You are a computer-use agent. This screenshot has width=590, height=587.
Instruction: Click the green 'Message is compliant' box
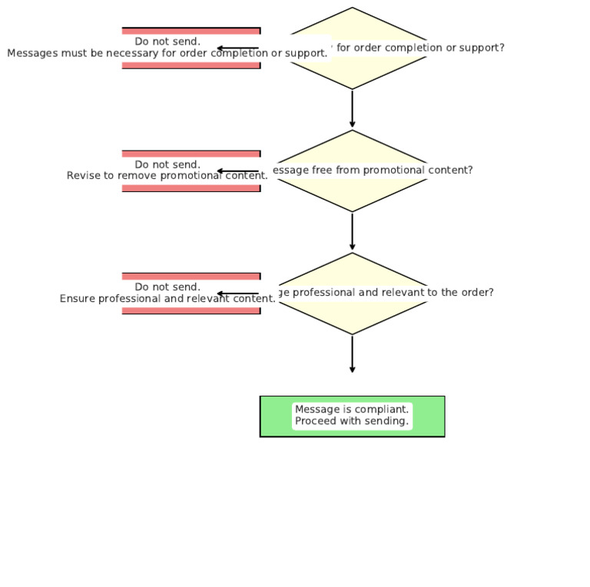click(x=352, y=416)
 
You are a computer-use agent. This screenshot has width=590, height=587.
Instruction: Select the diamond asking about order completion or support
click(x=353, y=69)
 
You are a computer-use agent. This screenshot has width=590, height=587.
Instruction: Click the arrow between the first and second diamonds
click(x=353, y=109)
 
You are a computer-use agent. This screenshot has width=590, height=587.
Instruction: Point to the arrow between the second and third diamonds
click(x=353, y=231)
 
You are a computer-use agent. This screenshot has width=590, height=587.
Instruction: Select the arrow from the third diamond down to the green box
click(x=353, y=354)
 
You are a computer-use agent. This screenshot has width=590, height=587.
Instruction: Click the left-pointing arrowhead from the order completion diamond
click(x=220, y=48)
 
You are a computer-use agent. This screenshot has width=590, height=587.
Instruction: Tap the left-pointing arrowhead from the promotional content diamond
click(x=220, y=171)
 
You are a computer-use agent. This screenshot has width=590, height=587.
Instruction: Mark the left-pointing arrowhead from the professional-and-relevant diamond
click(x=220, y=293)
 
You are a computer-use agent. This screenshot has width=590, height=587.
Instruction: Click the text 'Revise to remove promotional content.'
click(x=167, y=176)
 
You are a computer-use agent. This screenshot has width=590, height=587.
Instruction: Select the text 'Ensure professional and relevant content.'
click(x=167, y=299)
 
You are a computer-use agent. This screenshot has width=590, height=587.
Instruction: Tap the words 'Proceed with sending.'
click(x=352, y=421)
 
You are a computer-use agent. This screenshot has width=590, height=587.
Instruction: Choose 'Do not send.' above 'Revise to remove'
click(x=167, y=164)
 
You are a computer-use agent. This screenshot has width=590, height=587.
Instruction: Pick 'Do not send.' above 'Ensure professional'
click(x=167, y=287)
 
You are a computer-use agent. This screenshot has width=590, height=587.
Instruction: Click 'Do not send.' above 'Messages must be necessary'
click(x=167, y=41)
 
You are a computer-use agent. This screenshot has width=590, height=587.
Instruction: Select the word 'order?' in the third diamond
click(x=477, y=293)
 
